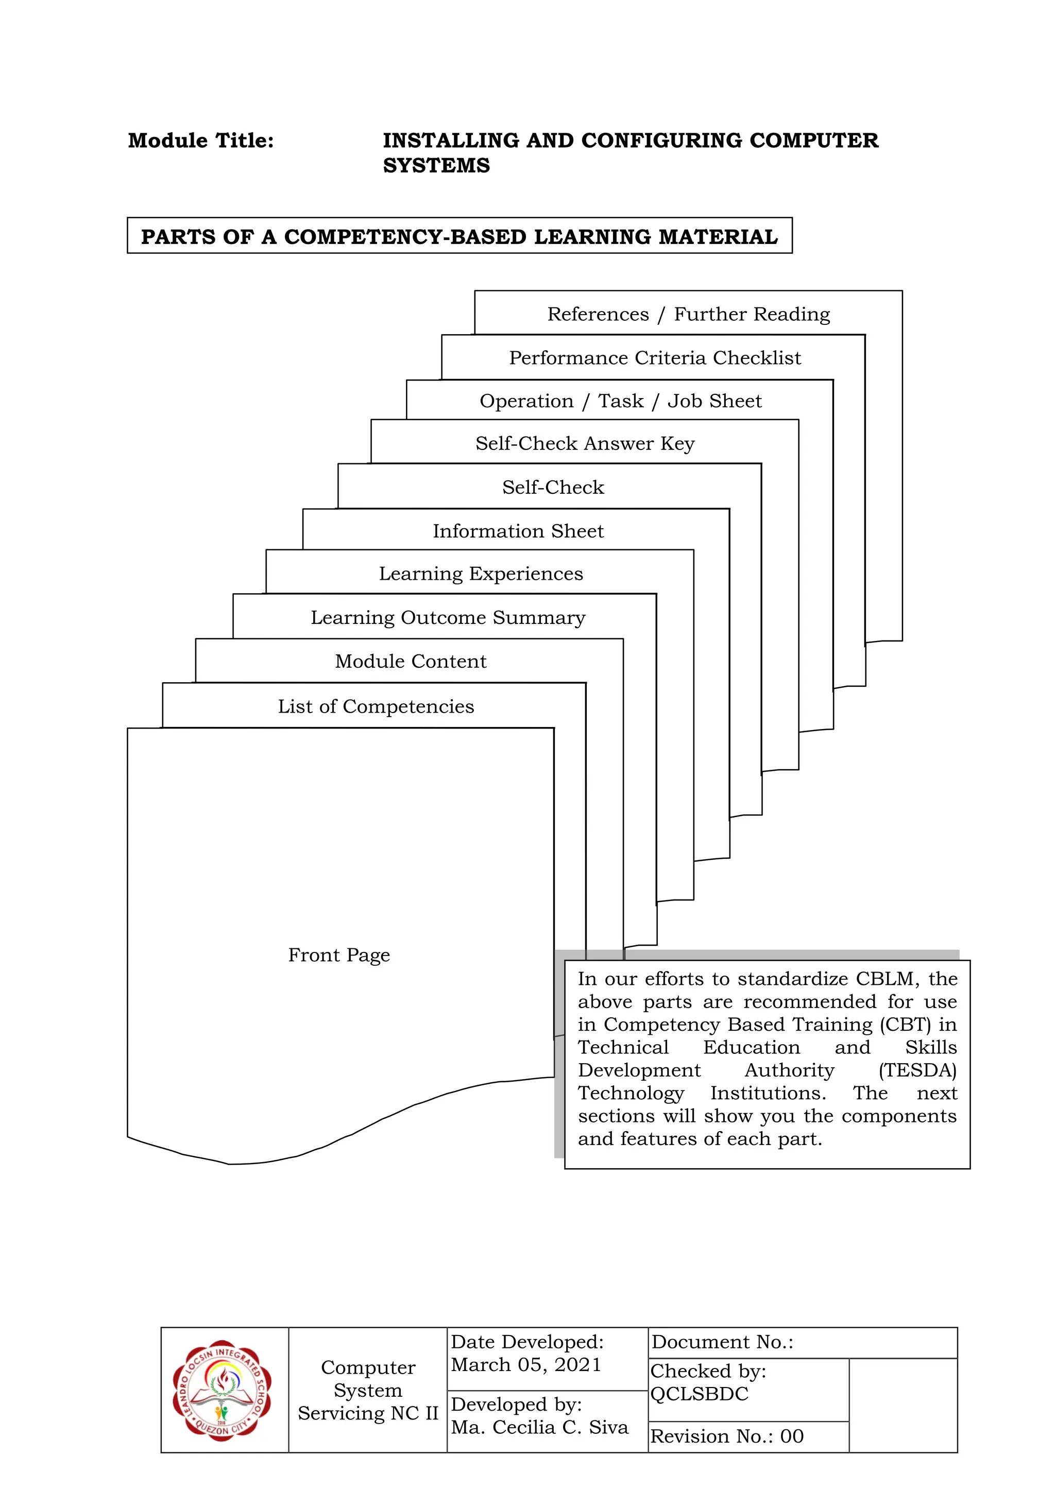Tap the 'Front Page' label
click(x=339, y=955)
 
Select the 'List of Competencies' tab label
click(x=376, y=706)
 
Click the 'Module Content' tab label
click(x=411, y=661)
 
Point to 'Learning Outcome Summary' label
click(x=448, y=618)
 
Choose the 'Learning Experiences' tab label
click(x=481, y=574)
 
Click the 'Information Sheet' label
click(x=518, y=531)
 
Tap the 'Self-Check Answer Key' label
click(x=585, y=443)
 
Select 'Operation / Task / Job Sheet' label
click(x=620, y=401)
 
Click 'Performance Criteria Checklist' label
click(x=655, y=358)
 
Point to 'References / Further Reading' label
click(x=689, y=314)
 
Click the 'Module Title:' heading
click(x=201, y=141)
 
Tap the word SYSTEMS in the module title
click(x=436, y=166)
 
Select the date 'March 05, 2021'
click(x=526, y=1364)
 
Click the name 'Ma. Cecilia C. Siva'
click(x=540, y=1427)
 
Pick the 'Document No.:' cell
click(x=722, y=1342)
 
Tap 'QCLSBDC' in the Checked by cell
click(x=699, y=1394)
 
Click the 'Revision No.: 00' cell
click(x=727, y=1436)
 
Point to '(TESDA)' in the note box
click(x=917, y=1070)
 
